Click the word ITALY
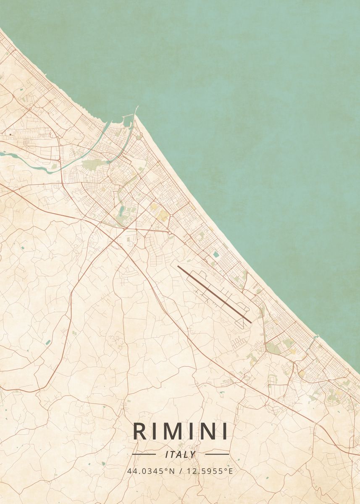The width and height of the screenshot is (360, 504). point(180,454)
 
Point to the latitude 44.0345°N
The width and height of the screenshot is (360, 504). point(151,471)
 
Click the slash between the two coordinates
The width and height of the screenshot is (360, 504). point(180,471)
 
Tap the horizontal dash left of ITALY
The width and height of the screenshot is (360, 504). point(144,454)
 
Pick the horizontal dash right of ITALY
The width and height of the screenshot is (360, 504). point(217,454)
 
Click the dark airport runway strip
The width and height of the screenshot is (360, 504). point(214,294)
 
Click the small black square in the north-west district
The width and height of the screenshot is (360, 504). point(10,134)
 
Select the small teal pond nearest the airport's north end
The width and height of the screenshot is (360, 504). point(216,254)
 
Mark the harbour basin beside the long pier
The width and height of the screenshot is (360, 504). point(127,122)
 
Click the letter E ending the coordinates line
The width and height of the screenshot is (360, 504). point(231,471)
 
